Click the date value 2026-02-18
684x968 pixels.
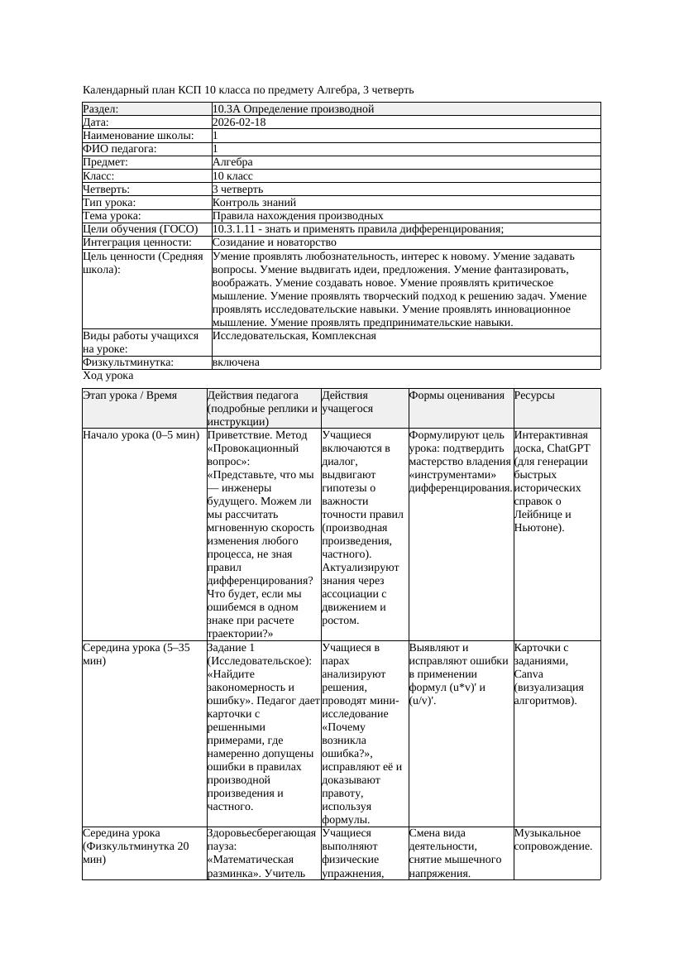click(x=239, y=122)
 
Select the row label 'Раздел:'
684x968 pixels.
click(x=101, y=109)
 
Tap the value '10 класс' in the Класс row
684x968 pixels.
click(x=232, y=176)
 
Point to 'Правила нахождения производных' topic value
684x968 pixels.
click(x=298, y=216)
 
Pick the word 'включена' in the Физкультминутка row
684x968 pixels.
click(x=236, y=362)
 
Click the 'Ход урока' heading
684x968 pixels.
click(x=108, y=376)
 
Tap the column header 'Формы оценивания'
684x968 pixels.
click(x=457, y=395)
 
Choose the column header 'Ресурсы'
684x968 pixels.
click(x=534, y=395)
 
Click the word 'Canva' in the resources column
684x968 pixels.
click(x=528, y=674)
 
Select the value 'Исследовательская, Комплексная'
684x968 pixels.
click(x=294, y=336)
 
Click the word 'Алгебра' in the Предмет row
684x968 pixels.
click(x=232, y=162)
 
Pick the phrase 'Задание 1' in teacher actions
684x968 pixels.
click(x=231, y=648)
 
